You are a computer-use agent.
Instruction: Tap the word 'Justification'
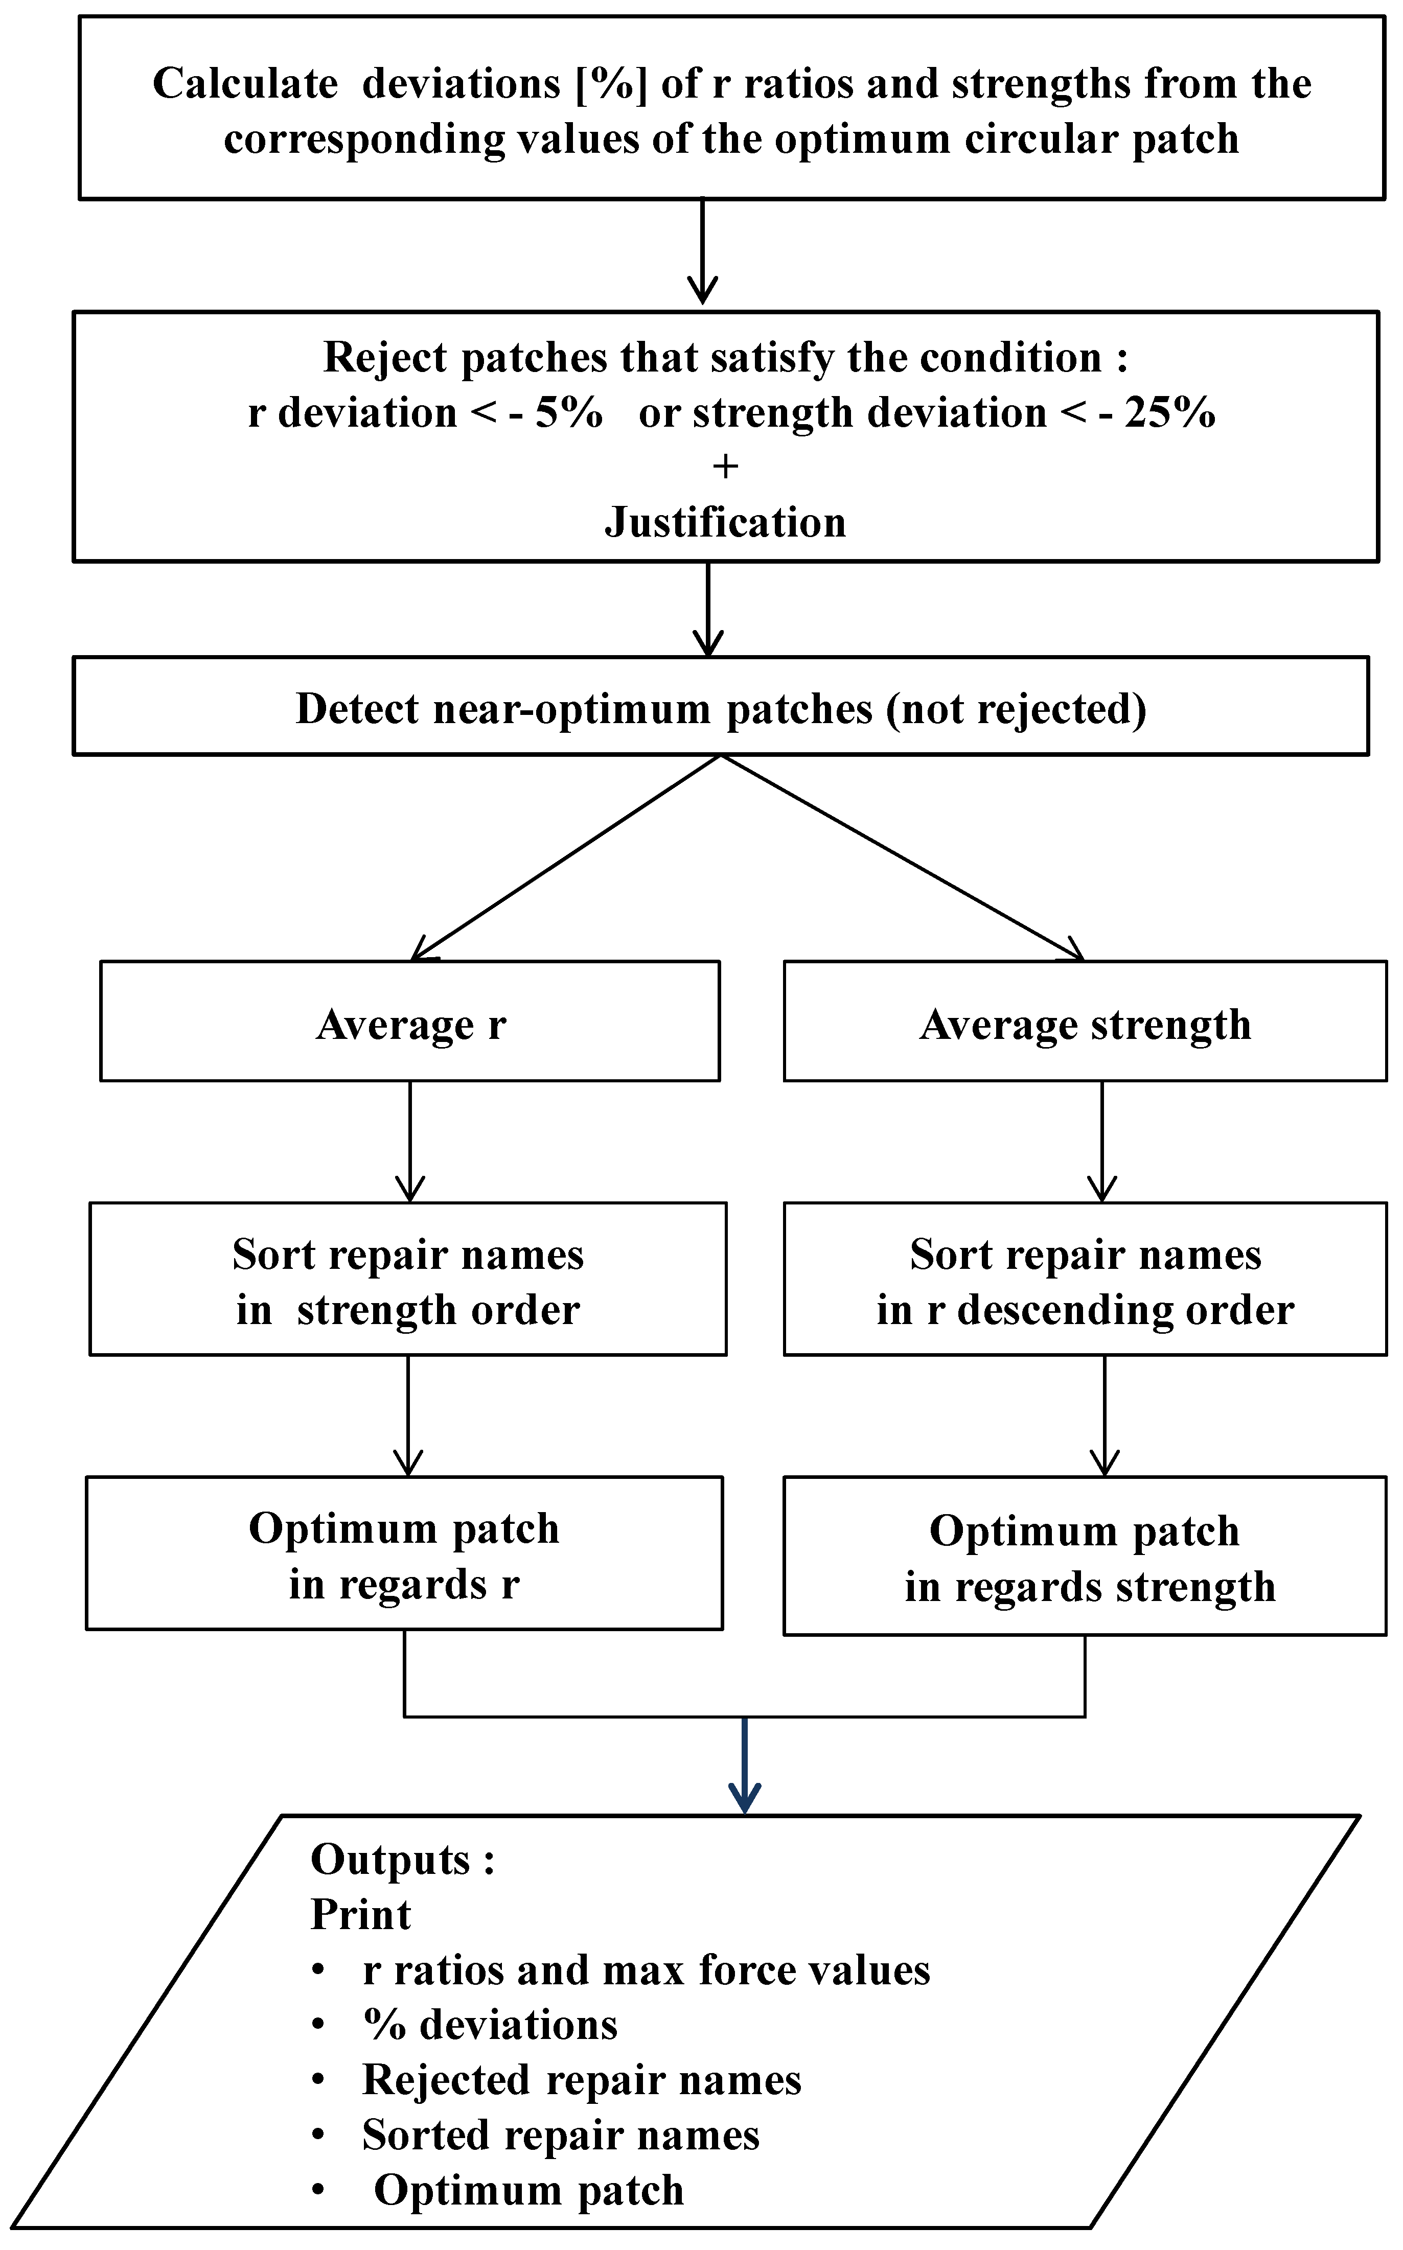point(726,522)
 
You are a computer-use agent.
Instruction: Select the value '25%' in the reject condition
point(1170,413)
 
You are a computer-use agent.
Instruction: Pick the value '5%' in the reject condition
point(569,413)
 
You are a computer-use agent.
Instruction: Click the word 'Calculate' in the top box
point(245,83)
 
